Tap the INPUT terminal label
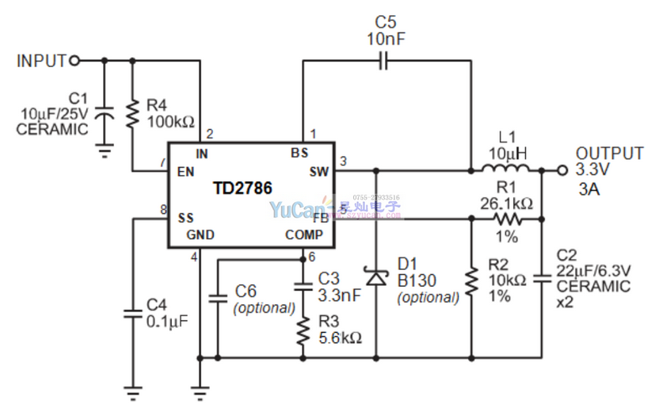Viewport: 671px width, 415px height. pos(41,60)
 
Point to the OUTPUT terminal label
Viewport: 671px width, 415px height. pos(610,154)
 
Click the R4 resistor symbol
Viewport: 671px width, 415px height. pos(132,114)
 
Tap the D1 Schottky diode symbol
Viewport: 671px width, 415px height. pos(374,277)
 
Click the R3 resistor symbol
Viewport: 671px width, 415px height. pos(302,334)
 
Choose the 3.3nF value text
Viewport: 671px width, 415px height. pos(339,295)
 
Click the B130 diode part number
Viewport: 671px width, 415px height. pos(414,280)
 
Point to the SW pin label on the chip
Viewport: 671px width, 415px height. pos(320,172)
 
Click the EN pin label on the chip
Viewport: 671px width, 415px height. pos(185,172)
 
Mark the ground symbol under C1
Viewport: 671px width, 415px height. pos(104,151)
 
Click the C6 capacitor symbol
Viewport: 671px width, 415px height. pos(217,298)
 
